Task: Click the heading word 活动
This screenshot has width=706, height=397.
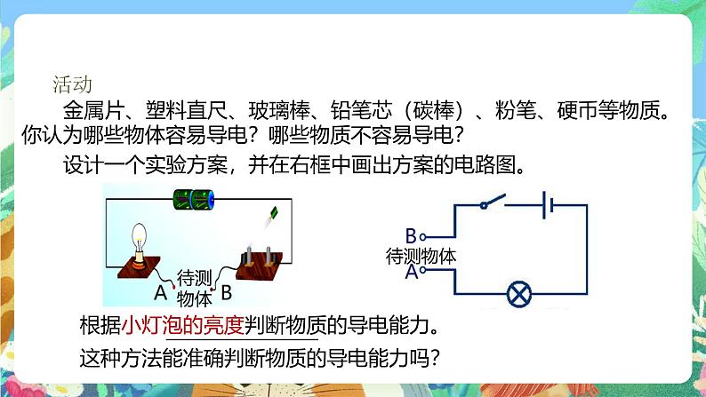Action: (x=72, y=85)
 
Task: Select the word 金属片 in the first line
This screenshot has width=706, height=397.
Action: (x=92, y=112)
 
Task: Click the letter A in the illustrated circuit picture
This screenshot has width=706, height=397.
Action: (x=160, y=292)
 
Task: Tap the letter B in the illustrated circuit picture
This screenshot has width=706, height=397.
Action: (x=226, y=291)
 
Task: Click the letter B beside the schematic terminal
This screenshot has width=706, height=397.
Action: (x=410, y=235)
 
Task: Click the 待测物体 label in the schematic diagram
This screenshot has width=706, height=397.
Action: (x=421, y=256)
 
